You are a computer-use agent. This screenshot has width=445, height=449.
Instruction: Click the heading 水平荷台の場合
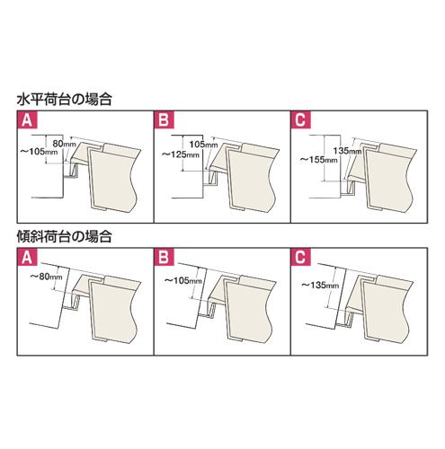pyautogui.click(x=65, y=100)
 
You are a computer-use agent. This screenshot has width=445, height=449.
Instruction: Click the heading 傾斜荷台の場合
pyautogui.click(x=65, y=237)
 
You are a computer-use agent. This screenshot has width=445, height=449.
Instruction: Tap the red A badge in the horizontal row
pyautogui.click(x=27, y=120)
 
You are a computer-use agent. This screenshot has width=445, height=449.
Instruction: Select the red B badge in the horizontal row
pyautogui.click(x=164, y=120)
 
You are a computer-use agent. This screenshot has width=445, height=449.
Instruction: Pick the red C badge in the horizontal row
pyautogui.click(x=300, y=120)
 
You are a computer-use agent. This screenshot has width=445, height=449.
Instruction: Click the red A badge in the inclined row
pyautogui.click(x=27, y=257)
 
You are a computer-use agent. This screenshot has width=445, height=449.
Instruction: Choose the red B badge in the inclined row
pyautogui.click(x=164, y=257)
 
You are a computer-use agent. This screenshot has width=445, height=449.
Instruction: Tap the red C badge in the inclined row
pyautogui.click(x=300, y=257)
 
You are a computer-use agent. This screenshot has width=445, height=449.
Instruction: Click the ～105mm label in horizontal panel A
pyautogui.click(x=39, y=152)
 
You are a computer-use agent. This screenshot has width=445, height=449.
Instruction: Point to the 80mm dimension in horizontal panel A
pyautogui.click(x=64, y=144)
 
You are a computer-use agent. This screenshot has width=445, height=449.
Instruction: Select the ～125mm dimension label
pyautogui.click(x=181, y=154)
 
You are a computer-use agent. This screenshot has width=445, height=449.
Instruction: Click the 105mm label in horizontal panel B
pyautogui.click(x=203, y=145)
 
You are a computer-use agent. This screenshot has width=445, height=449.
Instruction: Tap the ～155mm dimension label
pyautogui.click(x=319, y=160)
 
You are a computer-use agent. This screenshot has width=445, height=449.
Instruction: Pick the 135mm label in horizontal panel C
pyautogui.click(x=347, y=151)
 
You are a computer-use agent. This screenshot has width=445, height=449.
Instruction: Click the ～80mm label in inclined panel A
pyautogui.click(x=46, y=277)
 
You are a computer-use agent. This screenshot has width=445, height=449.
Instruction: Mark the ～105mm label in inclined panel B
pyautogui.click(x=183, y=280)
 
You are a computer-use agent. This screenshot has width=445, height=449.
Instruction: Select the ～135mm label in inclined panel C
pyautogui.click(x=320, y=286)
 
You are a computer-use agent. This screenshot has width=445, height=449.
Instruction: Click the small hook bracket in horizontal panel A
pyautogui.click(x=72, y=172)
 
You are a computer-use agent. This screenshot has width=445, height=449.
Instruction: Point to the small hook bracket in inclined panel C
pyautogui.click(x=346, y=319)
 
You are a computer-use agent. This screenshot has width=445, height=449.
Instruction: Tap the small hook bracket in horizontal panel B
pyautogui.click(x=211, y=180)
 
